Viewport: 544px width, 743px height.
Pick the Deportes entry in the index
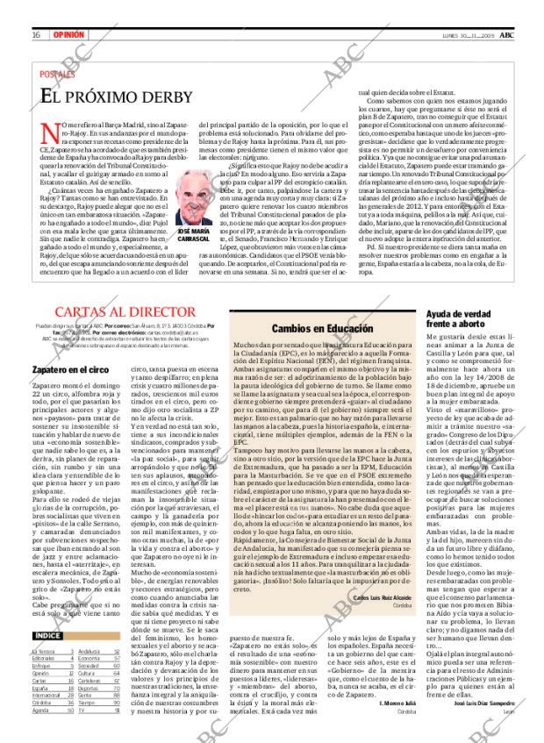[x=89, y=689]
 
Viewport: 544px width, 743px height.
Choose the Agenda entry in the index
[x=40, y=710]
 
